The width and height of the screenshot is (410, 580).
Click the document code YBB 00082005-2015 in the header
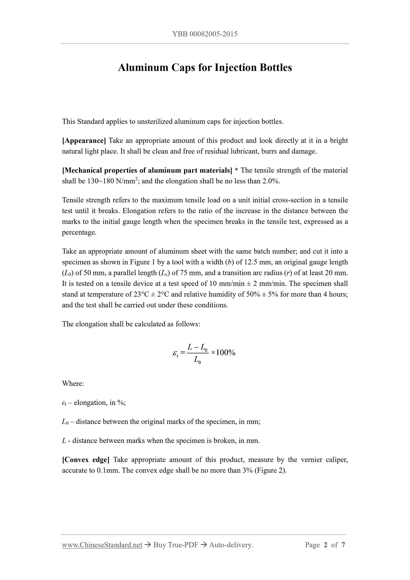(x=205, y=34)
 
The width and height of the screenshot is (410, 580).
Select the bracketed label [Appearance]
(x=84, y=141)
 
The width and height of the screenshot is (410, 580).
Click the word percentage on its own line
(x=79, y=232)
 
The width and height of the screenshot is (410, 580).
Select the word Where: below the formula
(x=73, y=384)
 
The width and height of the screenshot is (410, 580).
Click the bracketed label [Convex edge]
(x=86, y=460)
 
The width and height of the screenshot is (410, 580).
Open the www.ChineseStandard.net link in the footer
(x=102, y=545)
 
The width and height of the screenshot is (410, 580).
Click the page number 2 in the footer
(x=325, y=545)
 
